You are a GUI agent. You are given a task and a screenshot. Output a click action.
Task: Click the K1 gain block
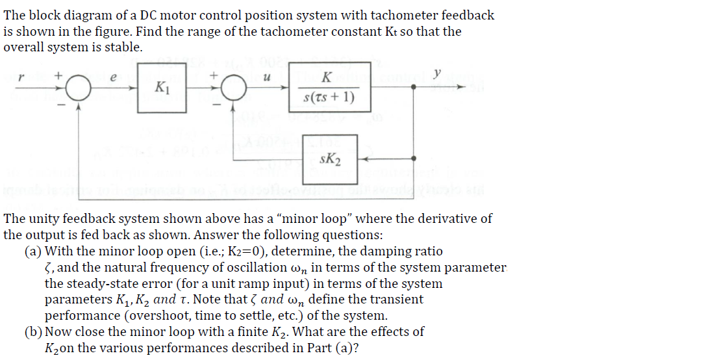160,86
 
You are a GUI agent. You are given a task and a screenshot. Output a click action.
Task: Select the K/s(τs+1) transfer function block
329,87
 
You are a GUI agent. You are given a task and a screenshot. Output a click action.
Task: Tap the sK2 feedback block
331,158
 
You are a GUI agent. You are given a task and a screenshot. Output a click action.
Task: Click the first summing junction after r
79,88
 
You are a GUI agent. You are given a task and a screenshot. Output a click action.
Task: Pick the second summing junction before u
234,88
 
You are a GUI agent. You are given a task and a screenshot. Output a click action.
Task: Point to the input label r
20,77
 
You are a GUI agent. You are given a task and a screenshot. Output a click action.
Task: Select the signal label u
267,77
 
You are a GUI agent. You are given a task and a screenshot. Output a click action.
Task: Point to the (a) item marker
33,251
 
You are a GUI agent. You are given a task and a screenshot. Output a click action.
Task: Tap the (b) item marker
33,332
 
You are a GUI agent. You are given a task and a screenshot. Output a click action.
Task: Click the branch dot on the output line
414,88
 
